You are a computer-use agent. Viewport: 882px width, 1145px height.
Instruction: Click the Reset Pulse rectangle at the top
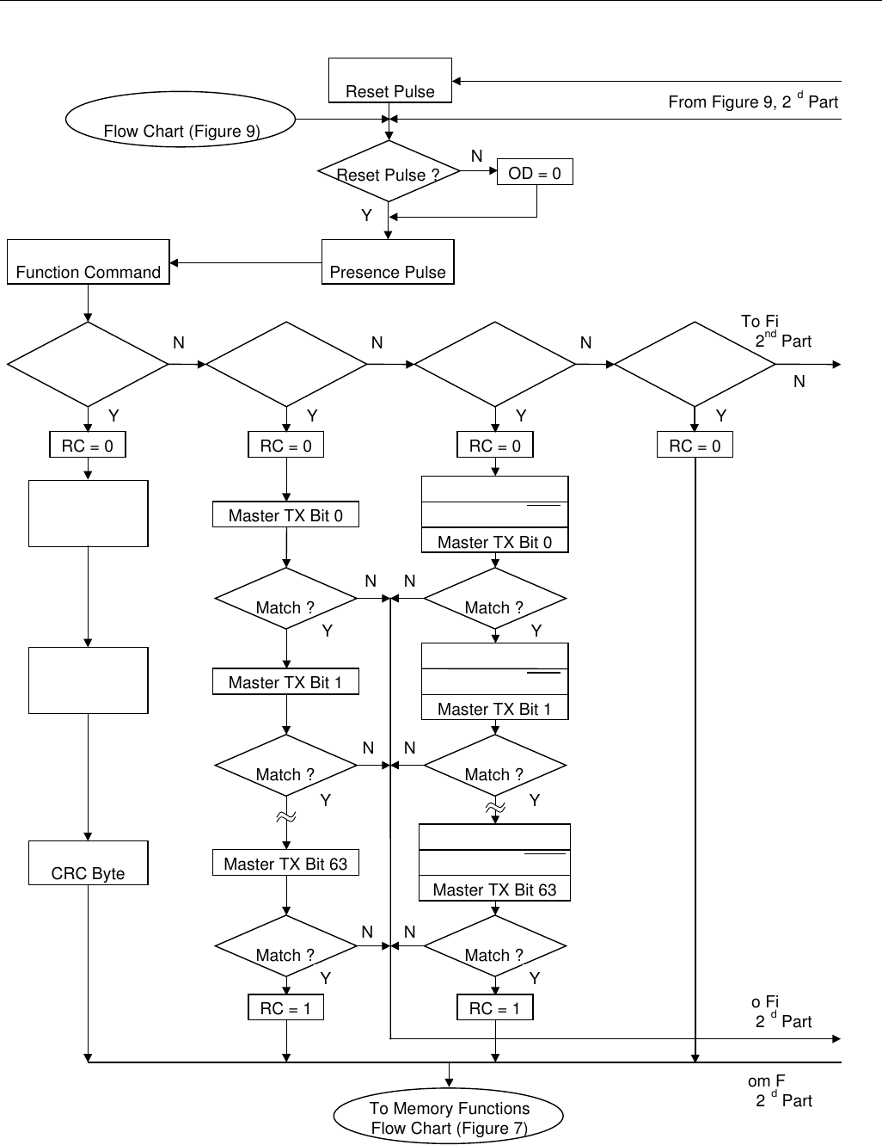tap(390, 81)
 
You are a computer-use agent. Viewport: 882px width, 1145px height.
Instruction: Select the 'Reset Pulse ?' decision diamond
tap(388, 173)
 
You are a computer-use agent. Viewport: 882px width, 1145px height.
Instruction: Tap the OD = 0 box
tap(535, 173)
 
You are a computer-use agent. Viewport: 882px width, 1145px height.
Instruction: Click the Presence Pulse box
tap(388, 262)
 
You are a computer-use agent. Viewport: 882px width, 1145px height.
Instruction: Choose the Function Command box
tap(89, 262)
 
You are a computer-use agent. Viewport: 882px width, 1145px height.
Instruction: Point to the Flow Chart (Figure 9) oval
tap(181, 120)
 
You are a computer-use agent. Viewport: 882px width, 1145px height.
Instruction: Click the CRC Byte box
tap(89, 864)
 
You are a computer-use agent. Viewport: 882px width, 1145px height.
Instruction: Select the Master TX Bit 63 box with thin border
tap(285, 864)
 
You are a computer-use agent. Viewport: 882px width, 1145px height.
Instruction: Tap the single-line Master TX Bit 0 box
tap(285, 515)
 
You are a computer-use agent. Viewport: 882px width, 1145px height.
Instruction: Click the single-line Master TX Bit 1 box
tap(285, 682)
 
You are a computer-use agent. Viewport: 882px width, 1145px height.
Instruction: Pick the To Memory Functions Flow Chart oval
tap(449, 1117)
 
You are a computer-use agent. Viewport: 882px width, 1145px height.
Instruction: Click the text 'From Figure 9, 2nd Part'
tap(753, 102)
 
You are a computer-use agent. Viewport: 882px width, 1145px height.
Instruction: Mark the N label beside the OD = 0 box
tap(477, 156)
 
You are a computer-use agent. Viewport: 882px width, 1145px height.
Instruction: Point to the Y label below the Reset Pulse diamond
tap(367, 215)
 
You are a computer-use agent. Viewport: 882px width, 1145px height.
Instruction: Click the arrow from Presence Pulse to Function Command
tap(246, 262)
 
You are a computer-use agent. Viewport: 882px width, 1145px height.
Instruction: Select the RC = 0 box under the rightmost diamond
tap(695, 446)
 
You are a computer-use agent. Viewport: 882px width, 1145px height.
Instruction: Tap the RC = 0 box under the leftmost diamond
tap(88, 446)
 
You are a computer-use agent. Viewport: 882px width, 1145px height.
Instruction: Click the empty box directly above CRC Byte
tap(89, 681)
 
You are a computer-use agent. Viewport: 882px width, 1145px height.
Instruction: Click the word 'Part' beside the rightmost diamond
tap(796, 342)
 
